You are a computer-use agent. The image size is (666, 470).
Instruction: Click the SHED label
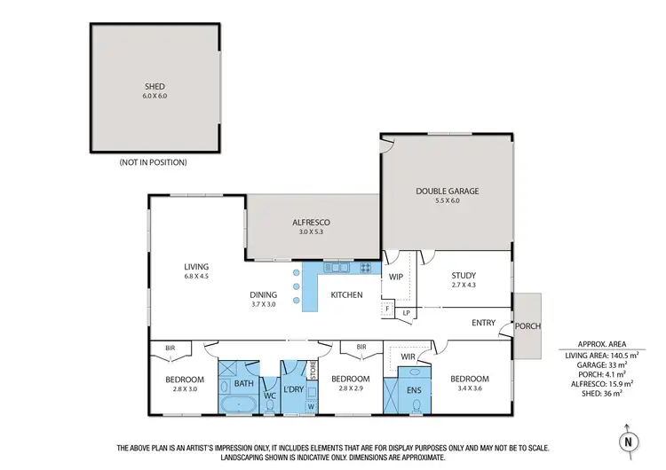click(x=155, y=87)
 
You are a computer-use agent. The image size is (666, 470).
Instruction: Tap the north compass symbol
click(x=628, y=440)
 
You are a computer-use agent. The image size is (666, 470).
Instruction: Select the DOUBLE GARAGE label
click(x=447, y=192)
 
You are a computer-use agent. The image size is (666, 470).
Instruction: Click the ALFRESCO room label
click(x=313, y=223)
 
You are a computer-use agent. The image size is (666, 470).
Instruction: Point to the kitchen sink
click(x=337, y=267)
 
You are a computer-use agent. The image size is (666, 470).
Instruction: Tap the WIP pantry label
click(x=397, y=277)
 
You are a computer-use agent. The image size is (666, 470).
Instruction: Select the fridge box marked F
click(x=387, y=309)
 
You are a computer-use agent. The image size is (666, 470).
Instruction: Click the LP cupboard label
click(x=407, y=312)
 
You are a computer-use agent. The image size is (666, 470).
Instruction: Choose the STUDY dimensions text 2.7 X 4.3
click(x=464, y=285)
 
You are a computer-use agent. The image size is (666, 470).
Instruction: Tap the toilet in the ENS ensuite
click(x=416, y=406)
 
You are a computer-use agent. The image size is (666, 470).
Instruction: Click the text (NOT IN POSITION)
click(x=153, y=162)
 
